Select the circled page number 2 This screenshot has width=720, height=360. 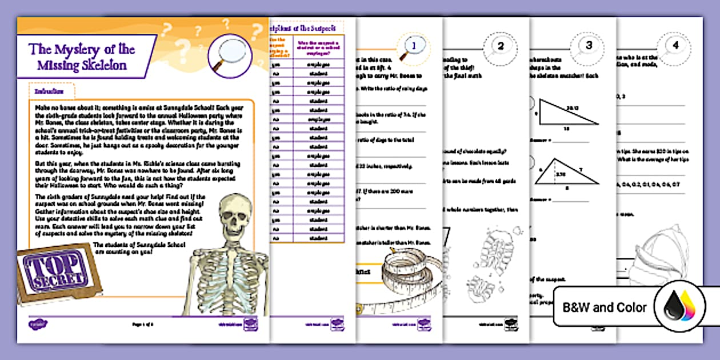(500, 46)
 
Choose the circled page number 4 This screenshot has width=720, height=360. (675, 46)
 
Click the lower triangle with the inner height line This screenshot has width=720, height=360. (565, 174)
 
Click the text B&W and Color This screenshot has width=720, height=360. (605, 308)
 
